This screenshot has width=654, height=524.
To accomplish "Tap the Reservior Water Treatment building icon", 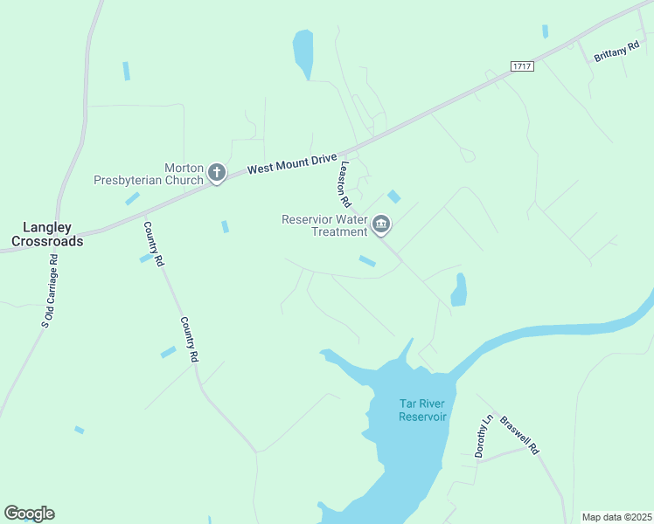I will point(381,225).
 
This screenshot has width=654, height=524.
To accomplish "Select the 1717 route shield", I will point(523,66).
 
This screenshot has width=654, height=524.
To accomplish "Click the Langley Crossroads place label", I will point(47,233).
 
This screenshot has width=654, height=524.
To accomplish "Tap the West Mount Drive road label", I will point(290,165).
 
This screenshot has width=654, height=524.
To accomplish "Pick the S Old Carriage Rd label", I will point(49,291).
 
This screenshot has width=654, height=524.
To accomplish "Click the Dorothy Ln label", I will point(484,436).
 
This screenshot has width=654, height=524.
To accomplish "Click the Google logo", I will point(29,514).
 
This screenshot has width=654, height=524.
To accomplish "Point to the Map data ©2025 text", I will point(616,517).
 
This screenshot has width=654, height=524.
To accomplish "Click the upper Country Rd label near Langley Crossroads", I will point(153,244).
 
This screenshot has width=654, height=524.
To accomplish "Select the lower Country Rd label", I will point(190,340).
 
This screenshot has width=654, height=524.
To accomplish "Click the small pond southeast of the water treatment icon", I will point(459,290).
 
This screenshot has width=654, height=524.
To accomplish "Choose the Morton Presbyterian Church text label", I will point(149,175).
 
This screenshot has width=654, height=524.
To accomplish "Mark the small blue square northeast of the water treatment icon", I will point(394,196).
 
